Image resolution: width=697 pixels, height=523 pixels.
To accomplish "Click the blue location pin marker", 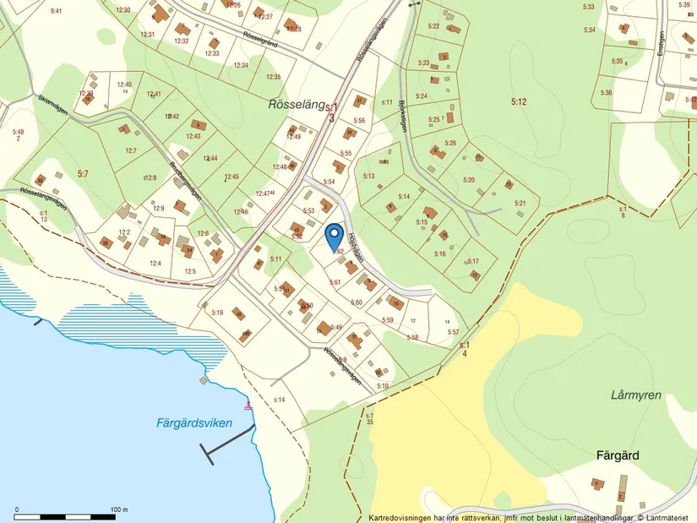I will (x=334, y=233).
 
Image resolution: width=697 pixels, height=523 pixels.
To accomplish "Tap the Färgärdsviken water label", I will (x=193, y=423).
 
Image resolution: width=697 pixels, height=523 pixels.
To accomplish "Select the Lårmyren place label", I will (x=635, y=395).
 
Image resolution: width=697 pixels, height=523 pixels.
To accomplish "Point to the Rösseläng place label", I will (x=296, y=105).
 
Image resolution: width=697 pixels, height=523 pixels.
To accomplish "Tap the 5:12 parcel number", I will (x=518, y=101).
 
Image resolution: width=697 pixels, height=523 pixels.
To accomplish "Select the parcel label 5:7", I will (x=83, y=173).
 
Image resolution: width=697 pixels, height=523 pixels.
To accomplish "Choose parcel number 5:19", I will (x=217, y=313).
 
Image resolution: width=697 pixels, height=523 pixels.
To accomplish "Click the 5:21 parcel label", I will (x=520, y=203).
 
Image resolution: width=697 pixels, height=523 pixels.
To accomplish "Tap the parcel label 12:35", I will (x=273, y=77).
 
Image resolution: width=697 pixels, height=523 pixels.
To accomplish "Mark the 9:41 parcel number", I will (x=57, y=11).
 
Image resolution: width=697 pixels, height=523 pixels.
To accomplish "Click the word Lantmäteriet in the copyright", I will (x=668, y=517).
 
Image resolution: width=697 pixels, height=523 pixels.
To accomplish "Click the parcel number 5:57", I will (x=453, y=332).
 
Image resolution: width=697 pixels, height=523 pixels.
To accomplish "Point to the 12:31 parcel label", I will (x=148, y=34).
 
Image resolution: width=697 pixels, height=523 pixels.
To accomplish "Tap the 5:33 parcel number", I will (x=589, y=7).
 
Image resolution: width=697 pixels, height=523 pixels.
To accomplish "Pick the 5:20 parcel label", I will (x=469, y=180).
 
